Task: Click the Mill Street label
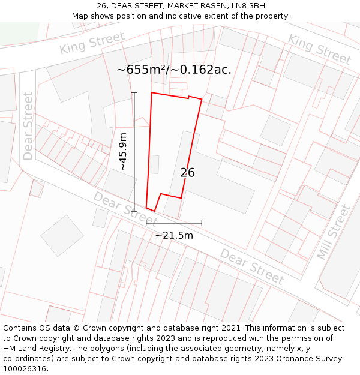tap(334, 232)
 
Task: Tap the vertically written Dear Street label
tap(28, 126)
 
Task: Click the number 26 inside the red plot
tap(187, 173)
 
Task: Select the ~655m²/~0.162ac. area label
tap(174, 70)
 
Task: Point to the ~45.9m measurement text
tap(123, 152)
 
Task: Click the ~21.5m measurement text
tap(174, 235)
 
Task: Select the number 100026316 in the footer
tap(25, 369)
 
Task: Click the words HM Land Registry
tap(37, 349)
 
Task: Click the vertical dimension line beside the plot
tap(134, 152)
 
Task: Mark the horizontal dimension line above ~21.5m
tap(174, 223)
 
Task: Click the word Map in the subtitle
tap(80, 16)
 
